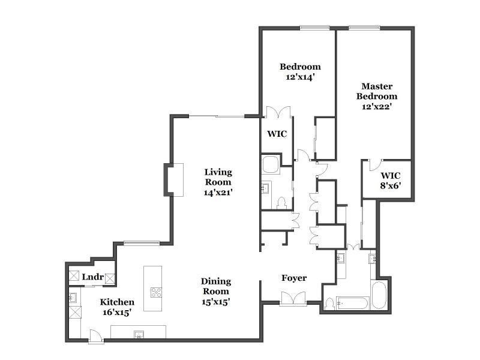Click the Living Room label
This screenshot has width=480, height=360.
pyautogui.click(x=218, y=177)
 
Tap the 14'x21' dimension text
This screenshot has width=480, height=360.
pyautogui.click(x=218, y=192)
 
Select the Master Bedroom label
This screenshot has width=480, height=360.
pyautogui.click(x=377, y=91)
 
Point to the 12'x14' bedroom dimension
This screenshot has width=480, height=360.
pyautogui.click(x=301, y=77)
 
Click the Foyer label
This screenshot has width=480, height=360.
pyautogui.click(x=294, y=278)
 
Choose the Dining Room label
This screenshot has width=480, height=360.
pyautogui.click(x=216, y=286)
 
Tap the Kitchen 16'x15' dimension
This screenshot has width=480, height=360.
pyautogui.click(x=117, y=313)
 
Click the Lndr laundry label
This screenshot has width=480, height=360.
pyautogui.click(x=93, y=277)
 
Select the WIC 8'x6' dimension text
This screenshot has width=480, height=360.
pyautogui.click(x=391, y=185)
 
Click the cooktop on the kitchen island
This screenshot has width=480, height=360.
pyautogui.click(x=156, y=293)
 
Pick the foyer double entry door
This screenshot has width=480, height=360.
pyautogui.click(x=293, y=298)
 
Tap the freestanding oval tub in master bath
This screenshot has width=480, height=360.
pyautogui.click(x=379, y=295)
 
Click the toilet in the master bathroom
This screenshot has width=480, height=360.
pyautogui.click(x=329, y=304)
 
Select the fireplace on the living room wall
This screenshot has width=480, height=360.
pyautogui.click(x=174, y=180)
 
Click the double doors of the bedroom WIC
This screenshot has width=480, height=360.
pyautogui.click(x=278, y=112)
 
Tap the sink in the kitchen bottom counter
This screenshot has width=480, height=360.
pyautogui.click(x=139, y=334)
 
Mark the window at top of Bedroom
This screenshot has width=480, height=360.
pyautogui.click(x=314, y=28)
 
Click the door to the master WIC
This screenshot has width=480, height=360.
pyautogui.click(x=374, y=164)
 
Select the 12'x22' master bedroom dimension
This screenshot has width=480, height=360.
pyautogui.click(x=377, y=107)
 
